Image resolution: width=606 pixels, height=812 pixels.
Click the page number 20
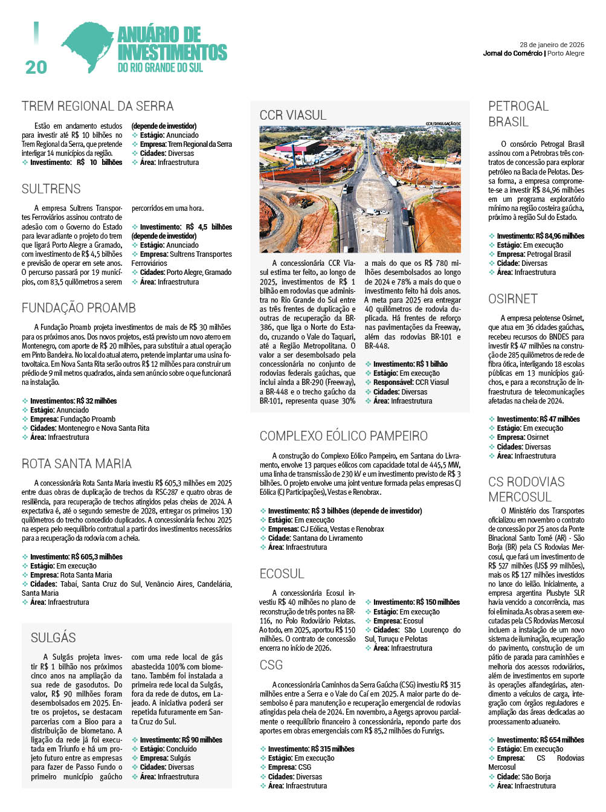point(36,67)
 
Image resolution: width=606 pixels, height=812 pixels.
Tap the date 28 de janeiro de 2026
point(552,45)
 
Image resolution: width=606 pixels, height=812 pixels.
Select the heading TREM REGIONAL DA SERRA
point(97,106)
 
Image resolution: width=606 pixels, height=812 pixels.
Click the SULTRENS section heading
point(51,189)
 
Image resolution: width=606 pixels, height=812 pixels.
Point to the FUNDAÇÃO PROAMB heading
point(79,308)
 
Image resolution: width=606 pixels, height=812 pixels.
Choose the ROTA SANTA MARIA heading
point(77,464)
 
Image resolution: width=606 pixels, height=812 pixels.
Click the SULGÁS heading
point(53,638)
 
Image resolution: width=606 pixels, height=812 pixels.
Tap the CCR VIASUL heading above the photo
point(293,115)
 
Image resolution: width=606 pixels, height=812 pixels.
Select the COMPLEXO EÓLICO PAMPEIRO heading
point(343,436)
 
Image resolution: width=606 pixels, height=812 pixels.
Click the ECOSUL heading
point(282,574)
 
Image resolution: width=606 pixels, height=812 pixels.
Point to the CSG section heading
point(271,665)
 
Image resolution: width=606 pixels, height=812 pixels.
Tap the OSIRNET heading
point(513,299)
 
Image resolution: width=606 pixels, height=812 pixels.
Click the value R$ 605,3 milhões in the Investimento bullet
point(97,557)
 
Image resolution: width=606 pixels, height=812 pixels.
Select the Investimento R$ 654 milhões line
point(540,740)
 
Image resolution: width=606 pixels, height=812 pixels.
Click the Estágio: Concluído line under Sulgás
point(168,749)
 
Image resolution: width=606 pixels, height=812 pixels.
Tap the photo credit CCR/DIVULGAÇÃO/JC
point(443,124)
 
